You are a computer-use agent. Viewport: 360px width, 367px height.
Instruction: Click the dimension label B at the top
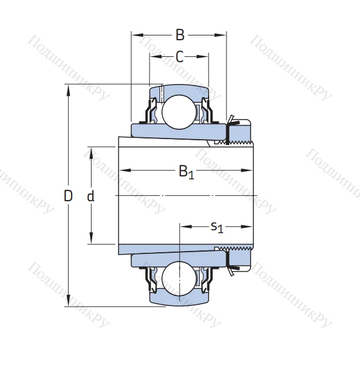180,35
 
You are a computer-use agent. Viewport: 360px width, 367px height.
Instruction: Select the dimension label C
180,57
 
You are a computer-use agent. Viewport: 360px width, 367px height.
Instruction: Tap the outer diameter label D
69,196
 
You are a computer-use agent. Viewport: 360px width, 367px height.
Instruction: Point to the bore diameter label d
91,196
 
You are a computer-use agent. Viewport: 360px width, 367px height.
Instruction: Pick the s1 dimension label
217,227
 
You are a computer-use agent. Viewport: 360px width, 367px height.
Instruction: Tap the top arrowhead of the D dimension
69,89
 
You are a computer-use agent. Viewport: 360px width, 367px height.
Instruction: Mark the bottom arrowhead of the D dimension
69,302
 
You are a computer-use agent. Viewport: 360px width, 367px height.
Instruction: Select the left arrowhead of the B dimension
135,35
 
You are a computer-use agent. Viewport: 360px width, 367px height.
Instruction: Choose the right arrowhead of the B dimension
223,35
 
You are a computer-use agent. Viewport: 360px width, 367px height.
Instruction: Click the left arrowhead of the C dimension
153,57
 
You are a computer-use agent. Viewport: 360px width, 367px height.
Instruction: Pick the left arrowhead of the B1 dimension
122,170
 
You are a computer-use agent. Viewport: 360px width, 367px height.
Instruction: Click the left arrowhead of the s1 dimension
183,226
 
